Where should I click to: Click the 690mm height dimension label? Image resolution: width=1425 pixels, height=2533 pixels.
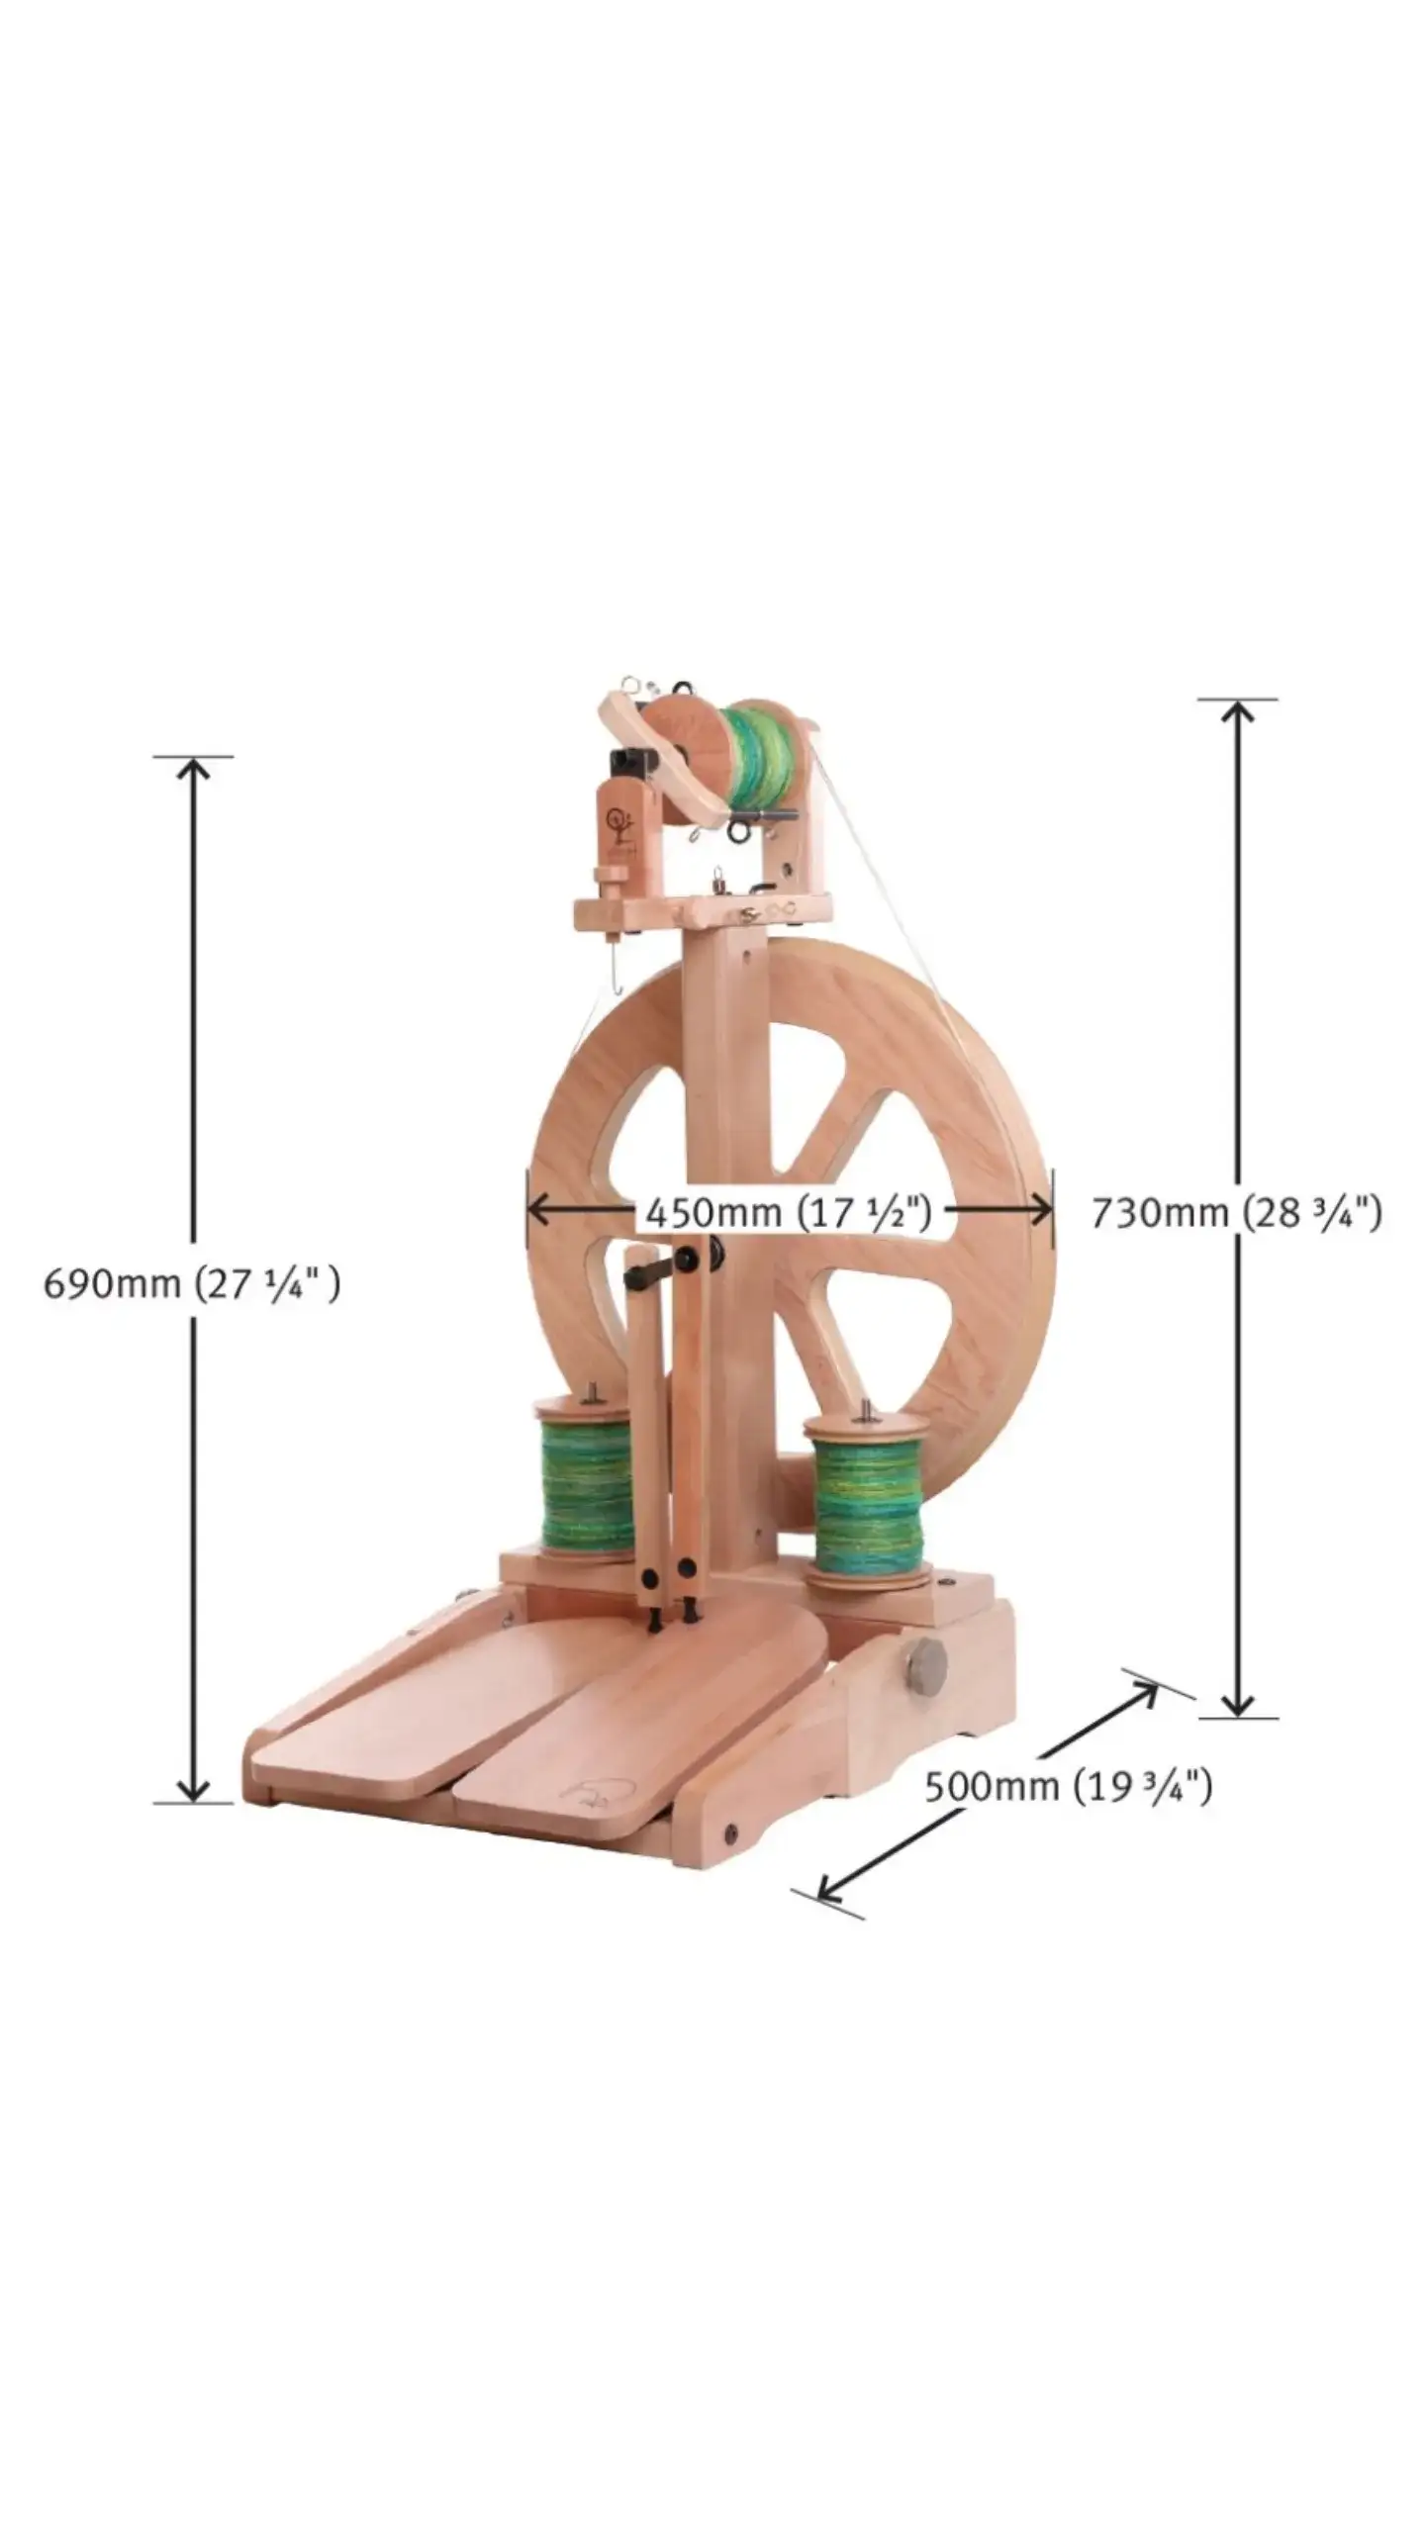click(x=192, y=1284)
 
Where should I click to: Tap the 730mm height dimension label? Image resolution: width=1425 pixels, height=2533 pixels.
click(x=1236, y=1212)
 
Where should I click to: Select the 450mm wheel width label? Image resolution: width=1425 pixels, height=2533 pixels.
click(x=789, y=1211)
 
